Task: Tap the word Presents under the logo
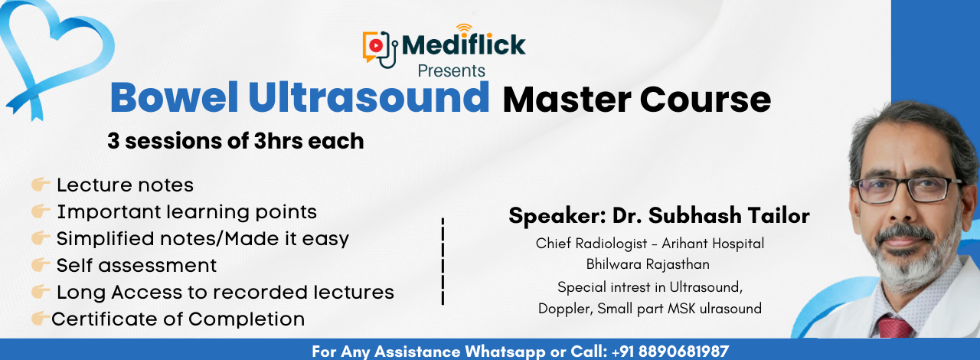pyautogui.click(x=452, y=70)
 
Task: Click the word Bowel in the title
pyautogui.click(x=174, y=97)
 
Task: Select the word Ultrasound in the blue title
pyautogui.click(x=369, y=97)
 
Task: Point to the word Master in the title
pyautogui.click(x=567, y=100)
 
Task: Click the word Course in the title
pyautogui.click(x=705, y=100)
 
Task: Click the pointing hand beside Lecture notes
pyautogui.click(x=41, y=185)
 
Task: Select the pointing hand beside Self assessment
pyautogui.click(x=41, y=264)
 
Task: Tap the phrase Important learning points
pyautogui.click(x=187, y=212)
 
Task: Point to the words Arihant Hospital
pyautogui.click(x=713, y=244)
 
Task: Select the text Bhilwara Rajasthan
pyautogui.click(x=648, y=264)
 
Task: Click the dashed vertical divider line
pyautogui.click(x=443, y=261)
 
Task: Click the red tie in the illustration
pyautogui.click(x=894, y=327)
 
